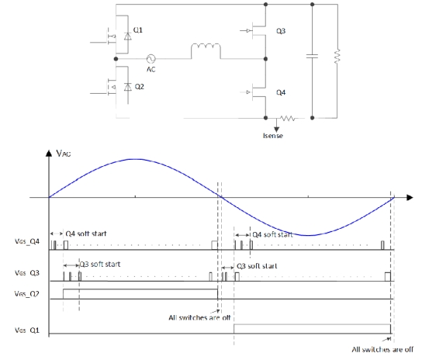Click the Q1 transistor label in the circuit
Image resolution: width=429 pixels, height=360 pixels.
tap(137, 29)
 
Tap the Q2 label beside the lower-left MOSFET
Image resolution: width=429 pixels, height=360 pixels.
tap(140, 87)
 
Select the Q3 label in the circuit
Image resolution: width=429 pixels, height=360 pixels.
tap(281, 31)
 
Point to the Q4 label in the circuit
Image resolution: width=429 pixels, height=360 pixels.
tap(281, 92)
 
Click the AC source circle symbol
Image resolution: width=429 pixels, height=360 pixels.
tap(150, 58)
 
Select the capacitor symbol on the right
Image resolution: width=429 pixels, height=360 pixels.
tap(312, 56)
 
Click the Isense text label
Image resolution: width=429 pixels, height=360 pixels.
tap(273, 136)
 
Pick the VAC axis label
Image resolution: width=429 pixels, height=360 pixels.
tap(64, 153)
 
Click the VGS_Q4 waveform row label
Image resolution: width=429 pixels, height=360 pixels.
tap(27, 241)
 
